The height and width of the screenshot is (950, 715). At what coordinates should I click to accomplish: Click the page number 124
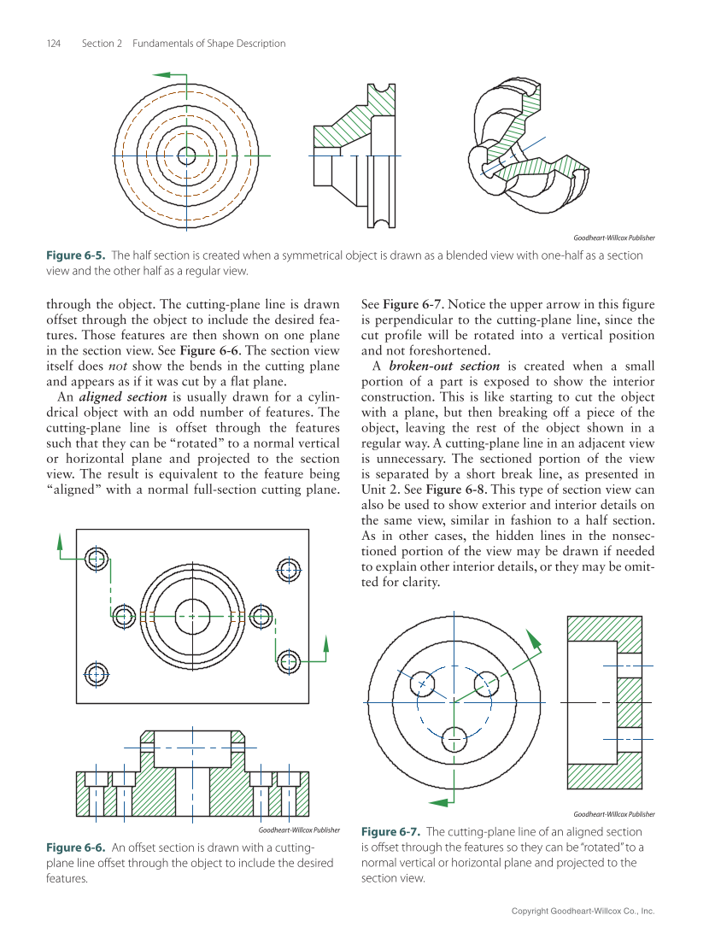pyautogui.click(x=52, y=44)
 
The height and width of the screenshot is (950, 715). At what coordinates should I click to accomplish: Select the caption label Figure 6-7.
pyautogui.click(x=390, y=831)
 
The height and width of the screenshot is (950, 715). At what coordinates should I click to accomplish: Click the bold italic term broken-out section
pyautogui.click(x=443, y=367)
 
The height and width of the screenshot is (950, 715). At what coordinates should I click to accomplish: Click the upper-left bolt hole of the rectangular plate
pyautogui.click(x=97, y=560)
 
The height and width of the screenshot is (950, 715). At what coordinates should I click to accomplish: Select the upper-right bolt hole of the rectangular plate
pyautogui.click(x=290, y=569)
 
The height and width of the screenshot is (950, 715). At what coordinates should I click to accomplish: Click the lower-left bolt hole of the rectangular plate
pyautogui.click(x=97, y=672)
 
